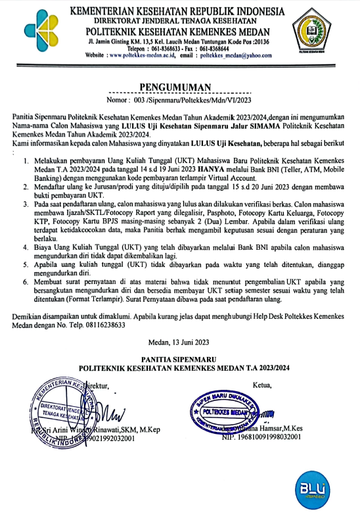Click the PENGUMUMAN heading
coord(178,87)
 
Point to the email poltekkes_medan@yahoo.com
coord(235,57)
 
